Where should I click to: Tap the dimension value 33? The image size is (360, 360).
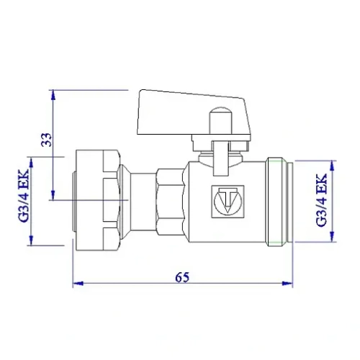click(45, 141)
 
